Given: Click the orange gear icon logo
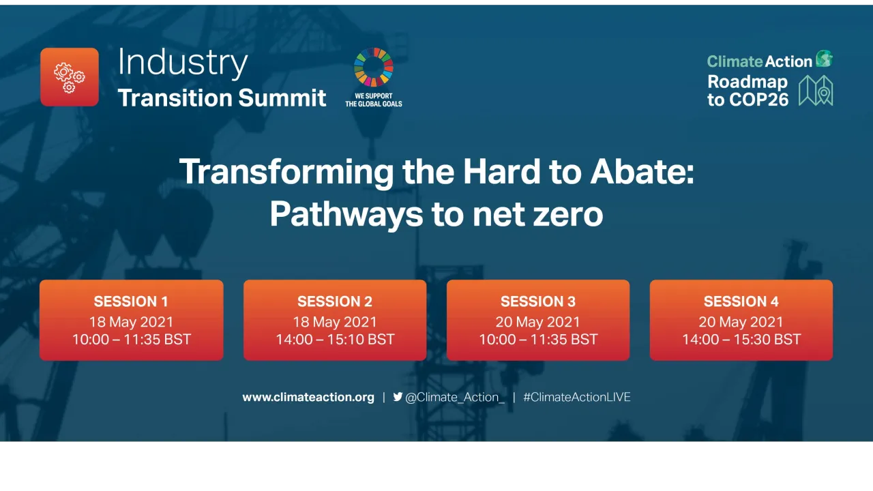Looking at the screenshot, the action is click(70, 77).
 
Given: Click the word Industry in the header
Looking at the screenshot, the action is click(183, 63).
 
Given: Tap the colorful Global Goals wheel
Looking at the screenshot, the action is click(373, 67).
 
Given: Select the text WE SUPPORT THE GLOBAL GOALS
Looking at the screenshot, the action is click(373, 100).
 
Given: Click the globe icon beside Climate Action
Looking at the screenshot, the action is click(825, 59).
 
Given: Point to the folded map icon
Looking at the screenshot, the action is click(816, 91).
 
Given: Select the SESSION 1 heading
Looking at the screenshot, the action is click(131, 301).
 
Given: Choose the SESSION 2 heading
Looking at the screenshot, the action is click(335, 301).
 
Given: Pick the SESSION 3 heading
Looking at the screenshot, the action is click(538, 301).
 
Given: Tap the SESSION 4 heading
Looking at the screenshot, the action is click(741, 301).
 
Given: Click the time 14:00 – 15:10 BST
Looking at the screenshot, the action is click(335, 340).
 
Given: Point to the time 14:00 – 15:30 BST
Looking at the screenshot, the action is click(741, 340).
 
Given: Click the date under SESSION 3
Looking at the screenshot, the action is click(538, 322).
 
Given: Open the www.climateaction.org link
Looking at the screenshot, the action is click(308, 397).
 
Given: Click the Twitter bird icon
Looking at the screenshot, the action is click(398, 397).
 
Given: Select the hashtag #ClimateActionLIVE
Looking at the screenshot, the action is click(577, 397).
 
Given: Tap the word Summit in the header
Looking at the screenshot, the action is click(282, 98).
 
